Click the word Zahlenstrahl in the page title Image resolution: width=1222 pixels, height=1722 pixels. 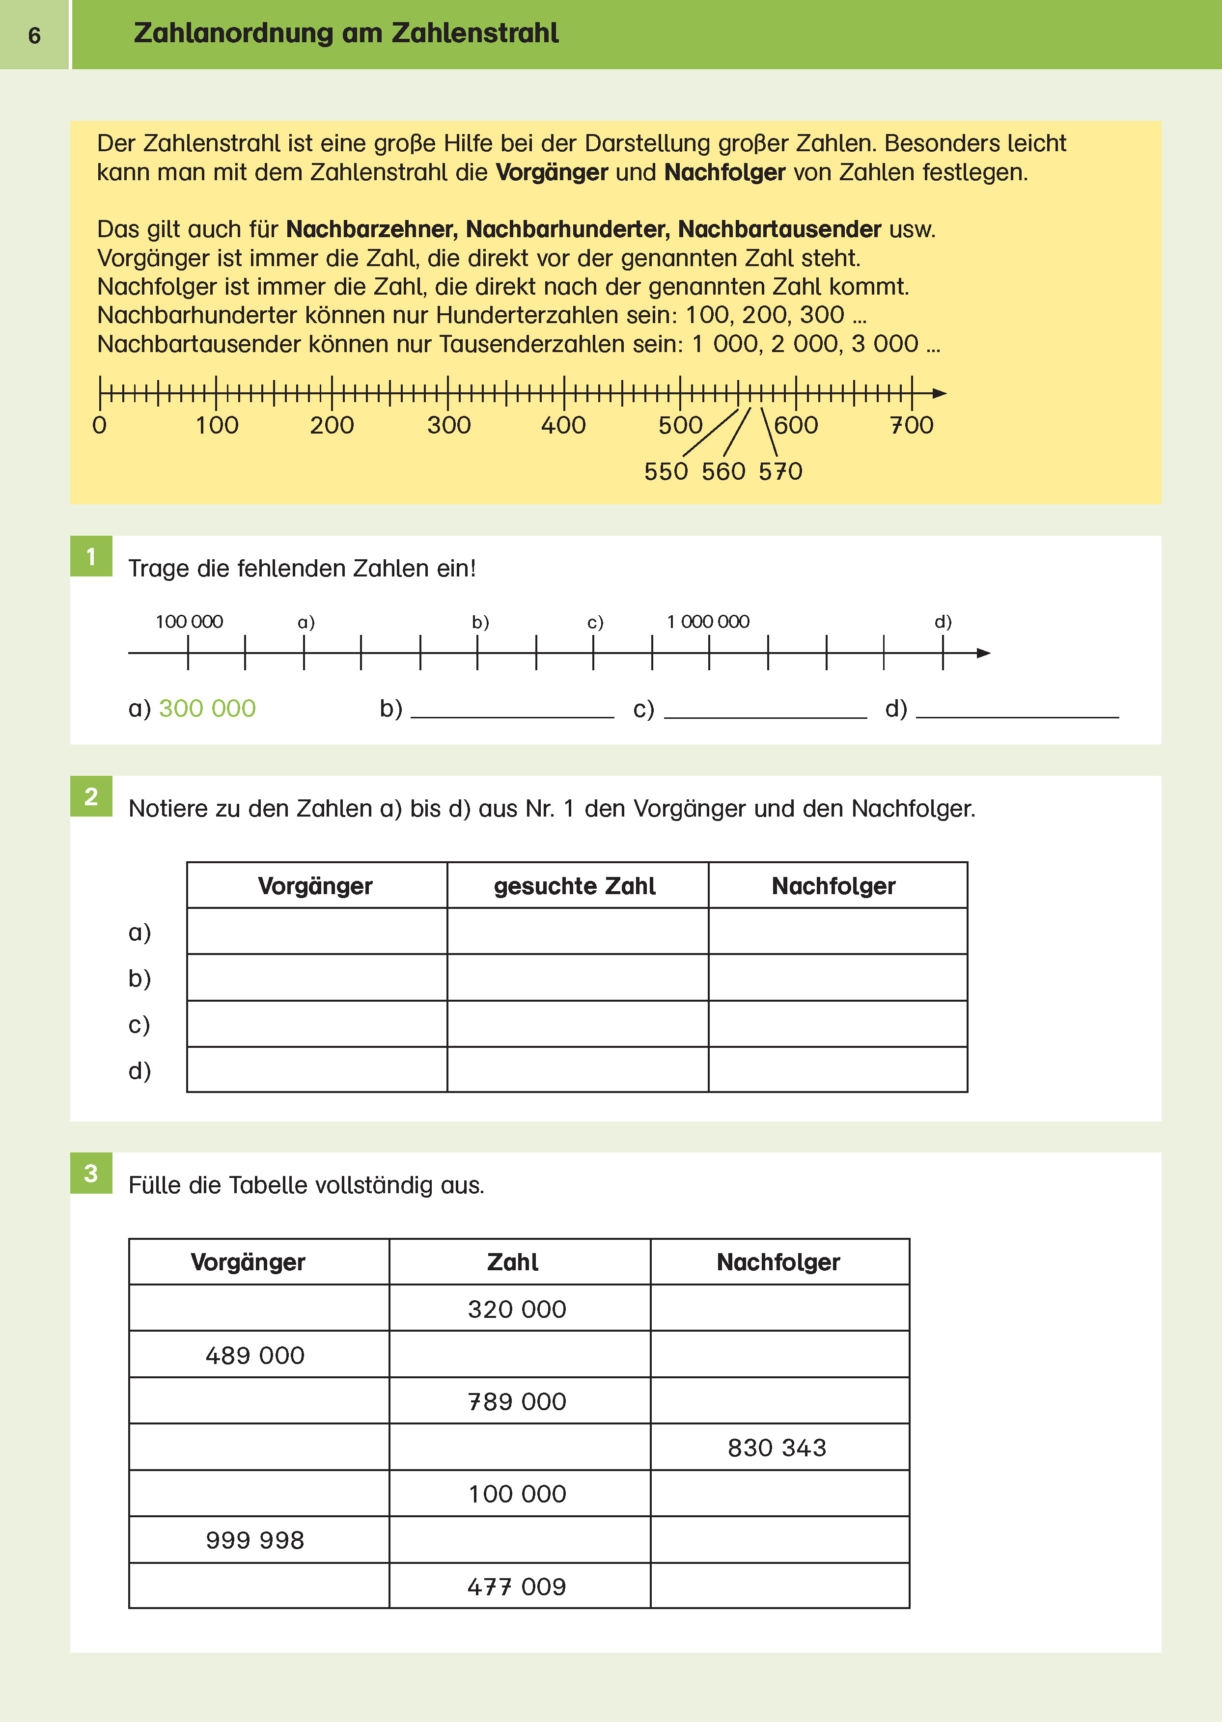(475, 33)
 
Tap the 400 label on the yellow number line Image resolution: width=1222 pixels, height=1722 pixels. (563, 425)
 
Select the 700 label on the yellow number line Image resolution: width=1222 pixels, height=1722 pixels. (911, 425)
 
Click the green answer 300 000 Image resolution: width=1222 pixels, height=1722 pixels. (207, 708)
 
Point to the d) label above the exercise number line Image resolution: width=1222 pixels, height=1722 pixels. (943, 622)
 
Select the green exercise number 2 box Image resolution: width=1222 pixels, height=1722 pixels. (91, 796)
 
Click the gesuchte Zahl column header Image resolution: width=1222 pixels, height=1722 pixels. (575, 885)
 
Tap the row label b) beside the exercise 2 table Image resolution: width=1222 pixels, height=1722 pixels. (139, 978)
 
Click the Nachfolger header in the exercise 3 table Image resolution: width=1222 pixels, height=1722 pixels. (778, 1261)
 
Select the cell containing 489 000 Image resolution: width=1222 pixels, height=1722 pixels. (255, 1355)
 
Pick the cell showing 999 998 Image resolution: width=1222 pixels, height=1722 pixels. (255, 1540)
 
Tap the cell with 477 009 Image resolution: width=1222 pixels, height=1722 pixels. (516, 1586)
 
